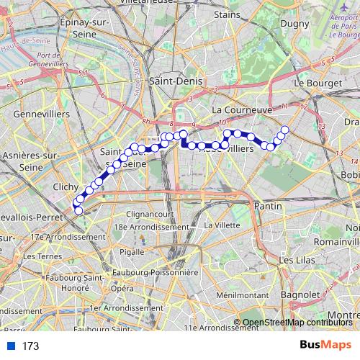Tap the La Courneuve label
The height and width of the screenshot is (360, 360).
pos(241,110)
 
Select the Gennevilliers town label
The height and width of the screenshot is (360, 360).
pos(42,114)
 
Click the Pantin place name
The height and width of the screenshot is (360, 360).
pos(267,206)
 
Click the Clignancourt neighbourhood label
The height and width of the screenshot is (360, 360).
pos(148,215)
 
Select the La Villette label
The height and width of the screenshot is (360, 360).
pos(221,225)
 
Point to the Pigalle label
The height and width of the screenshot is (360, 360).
pos(131,252)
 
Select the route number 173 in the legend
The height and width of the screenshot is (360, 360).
pos(30,346)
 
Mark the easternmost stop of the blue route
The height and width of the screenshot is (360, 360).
pos(284,130)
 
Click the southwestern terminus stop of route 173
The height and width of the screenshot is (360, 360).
pos(78,210)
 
